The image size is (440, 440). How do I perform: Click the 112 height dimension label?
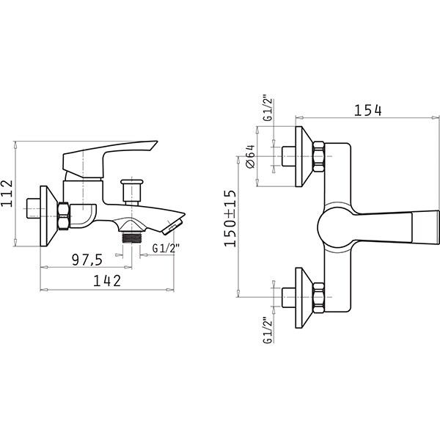coord(7,193)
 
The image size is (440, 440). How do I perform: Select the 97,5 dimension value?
coord(87,260)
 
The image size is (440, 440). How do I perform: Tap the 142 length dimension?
coord(107,281)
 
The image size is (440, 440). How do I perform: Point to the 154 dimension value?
coord(367,110)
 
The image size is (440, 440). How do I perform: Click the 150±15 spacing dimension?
coord(230,219)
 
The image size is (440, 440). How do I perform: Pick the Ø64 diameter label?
coord(250,156)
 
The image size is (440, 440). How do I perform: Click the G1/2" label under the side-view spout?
coord(166,249)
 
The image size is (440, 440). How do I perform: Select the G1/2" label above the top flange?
coord(268,109)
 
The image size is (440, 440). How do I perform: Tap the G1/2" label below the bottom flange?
coord(268,330)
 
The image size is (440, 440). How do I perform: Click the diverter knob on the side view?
coord(131,191)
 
